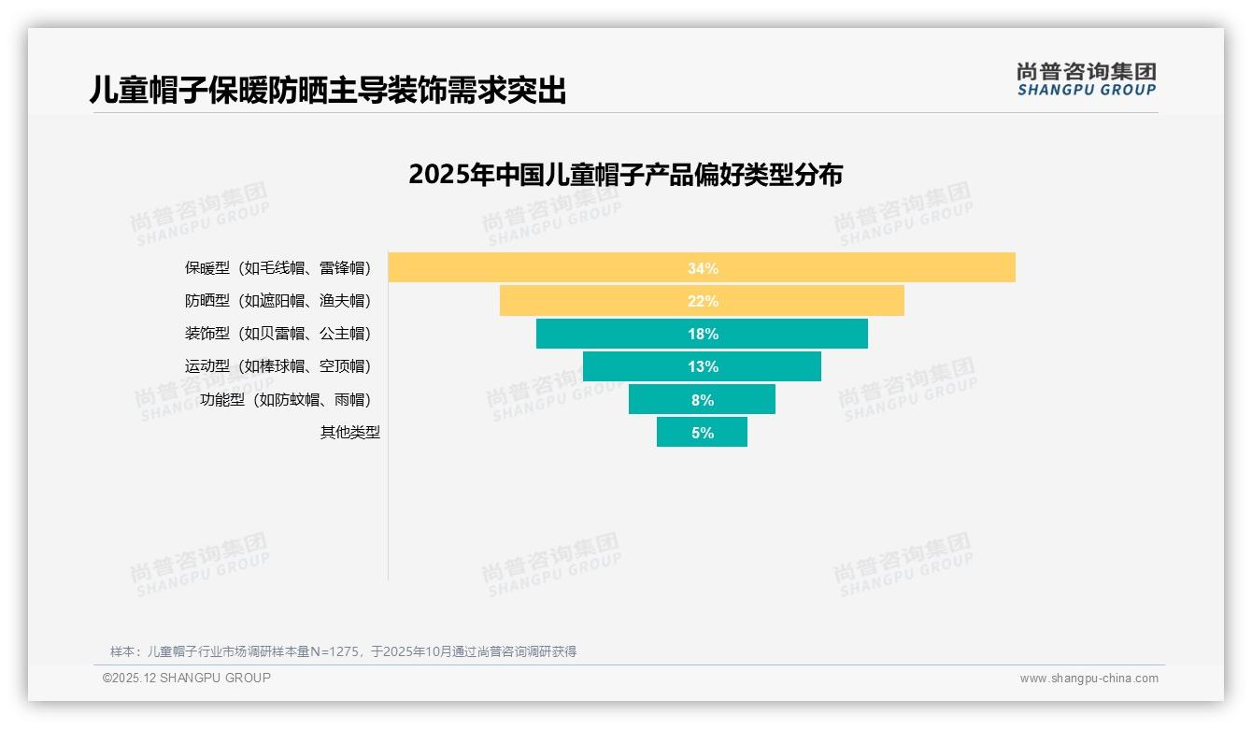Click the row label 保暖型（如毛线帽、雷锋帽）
click(x=277, y=268)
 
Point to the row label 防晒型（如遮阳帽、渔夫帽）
click(x=277, y=301)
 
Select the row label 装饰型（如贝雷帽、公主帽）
click(x=277, y=334)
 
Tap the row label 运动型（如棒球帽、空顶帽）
click(x=277, y=366)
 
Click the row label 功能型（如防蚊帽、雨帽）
click(x=285, y=400)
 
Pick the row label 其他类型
click(x=349, y=433)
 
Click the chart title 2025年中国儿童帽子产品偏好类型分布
click(x=625, y=175)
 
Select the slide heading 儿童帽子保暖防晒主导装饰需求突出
click(x=328, y=90)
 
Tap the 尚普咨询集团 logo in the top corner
click(x=1086, y=79)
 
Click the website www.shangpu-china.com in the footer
click(x=1088, y=679)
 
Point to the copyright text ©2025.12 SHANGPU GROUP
click(x=187, y=679)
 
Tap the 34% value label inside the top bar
click(x=703, y=268)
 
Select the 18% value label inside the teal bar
click(x=703, y=334)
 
